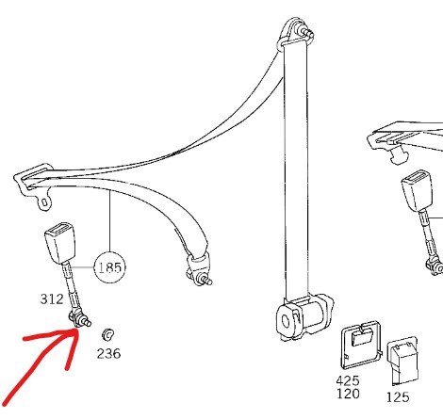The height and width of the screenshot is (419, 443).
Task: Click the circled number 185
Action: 109,267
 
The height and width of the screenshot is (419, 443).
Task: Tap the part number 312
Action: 52,298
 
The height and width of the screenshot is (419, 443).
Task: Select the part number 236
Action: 108,354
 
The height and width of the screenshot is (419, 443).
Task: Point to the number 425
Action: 348,381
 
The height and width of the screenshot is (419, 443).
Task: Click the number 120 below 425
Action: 348,394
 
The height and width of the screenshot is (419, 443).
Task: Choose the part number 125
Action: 398,397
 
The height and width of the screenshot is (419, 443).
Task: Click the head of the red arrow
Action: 76,330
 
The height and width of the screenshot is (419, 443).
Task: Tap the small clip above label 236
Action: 107,334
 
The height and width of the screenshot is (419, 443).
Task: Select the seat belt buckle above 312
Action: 59,242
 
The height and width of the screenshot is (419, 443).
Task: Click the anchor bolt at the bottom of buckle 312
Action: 80,320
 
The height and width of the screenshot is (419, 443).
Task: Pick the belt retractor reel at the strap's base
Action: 304,317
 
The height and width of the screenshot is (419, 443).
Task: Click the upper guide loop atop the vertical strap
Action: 295,32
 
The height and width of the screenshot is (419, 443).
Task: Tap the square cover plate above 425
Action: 362,345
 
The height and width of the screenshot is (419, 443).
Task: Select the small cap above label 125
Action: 403,361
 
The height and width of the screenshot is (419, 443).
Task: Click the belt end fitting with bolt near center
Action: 199,270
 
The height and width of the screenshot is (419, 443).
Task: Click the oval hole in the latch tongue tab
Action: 44,202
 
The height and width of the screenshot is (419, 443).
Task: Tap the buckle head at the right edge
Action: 418,191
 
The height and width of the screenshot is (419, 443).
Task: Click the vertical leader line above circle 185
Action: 110,221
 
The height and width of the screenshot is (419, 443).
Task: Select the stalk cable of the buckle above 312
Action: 71,288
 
